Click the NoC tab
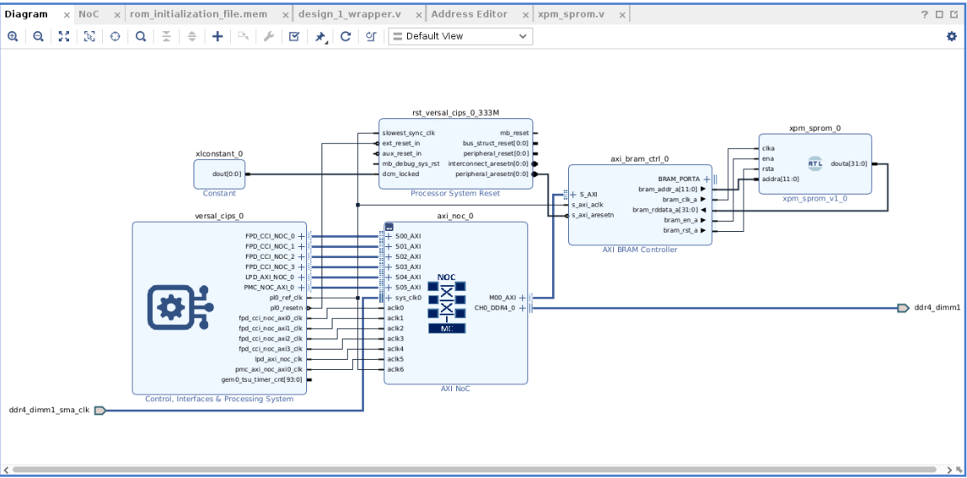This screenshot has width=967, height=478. point(89,14)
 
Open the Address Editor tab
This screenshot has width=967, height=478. point(469,14)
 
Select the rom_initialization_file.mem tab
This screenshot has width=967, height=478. point(198,14)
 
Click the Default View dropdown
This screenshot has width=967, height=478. point(460,36)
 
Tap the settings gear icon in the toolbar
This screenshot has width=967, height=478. point(952,36)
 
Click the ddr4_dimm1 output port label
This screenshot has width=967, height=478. point(937,308)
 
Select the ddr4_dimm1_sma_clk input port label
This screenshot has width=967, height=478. point(49,411)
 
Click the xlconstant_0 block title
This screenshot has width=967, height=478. point(218,154)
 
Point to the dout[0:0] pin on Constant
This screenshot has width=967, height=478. point(228,175)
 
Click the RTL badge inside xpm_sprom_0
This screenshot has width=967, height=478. point(815,164)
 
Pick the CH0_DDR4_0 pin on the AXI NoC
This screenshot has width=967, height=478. point(495,308)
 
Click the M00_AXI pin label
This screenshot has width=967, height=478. point(502,298)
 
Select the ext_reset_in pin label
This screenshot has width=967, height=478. point(401,143)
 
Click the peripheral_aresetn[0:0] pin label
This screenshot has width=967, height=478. point(492,175)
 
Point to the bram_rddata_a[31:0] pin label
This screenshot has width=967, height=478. point(665,210)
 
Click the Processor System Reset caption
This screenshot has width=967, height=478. point(455,193)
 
